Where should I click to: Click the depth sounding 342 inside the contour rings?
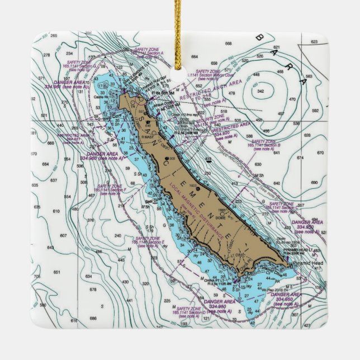coord(260,91)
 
